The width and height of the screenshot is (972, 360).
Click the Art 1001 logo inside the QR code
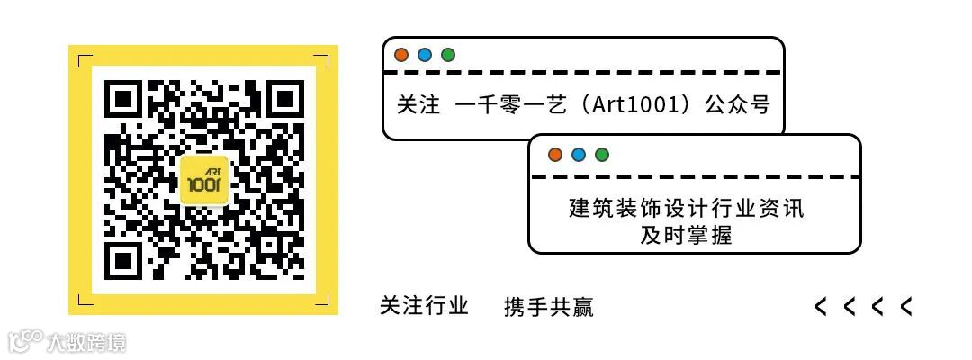[204, 180]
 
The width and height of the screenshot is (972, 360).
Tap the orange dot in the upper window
[401, 55]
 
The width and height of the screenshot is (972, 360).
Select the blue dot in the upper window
[425, 55]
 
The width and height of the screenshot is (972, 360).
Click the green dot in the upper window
[448, 55]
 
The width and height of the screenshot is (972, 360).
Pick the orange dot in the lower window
[555, 155]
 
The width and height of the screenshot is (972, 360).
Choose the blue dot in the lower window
[579, 155]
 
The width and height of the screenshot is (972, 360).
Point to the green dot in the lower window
[602, 155]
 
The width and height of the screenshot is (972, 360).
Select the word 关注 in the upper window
[418, 104]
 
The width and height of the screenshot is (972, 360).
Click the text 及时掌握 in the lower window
[686, 235]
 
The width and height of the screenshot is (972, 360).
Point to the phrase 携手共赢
[549, 307]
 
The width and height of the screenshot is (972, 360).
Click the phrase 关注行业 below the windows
[424, 306]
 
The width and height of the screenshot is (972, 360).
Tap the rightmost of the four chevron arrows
[905, 307]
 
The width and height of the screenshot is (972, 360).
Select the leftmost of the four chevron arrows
[821, 307]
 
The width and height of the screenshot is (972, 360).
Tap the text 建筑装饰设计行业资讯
[686, 209]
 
